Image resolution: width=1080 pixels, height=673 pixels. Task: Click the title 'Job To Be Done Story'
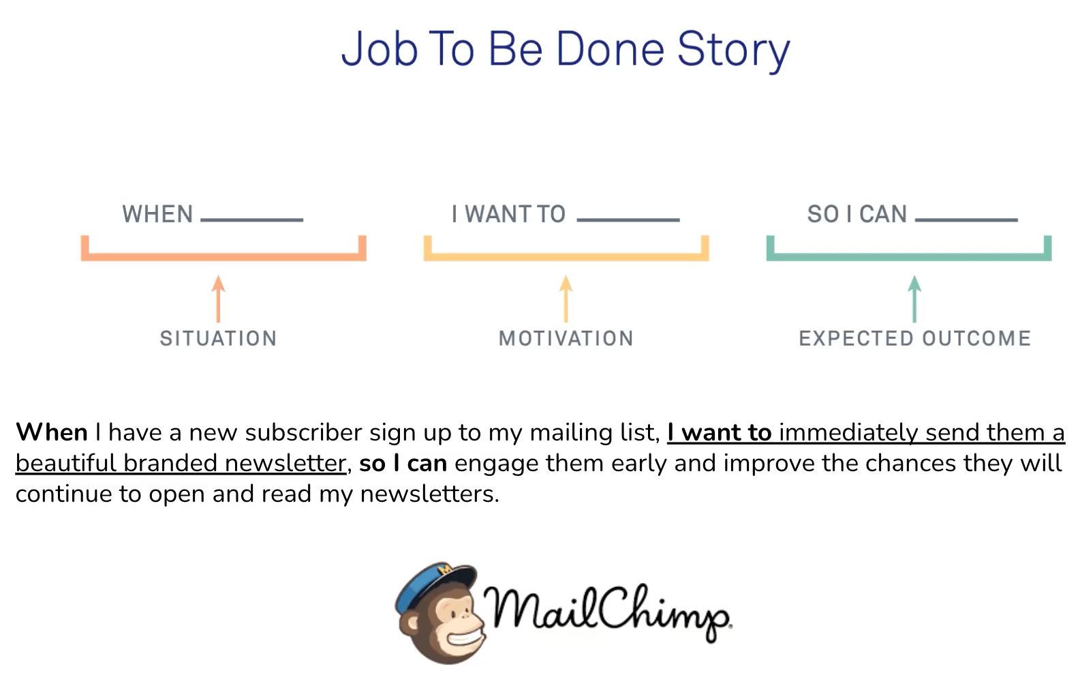click(565, 50)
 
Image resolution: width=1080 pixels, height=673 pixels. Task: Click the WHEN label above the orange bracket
click(157, 214)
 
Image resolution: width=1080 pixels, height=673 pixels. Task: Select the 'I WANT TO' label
click(508, 214)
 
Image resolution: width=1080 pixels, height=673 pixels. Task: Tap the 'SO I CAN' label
click(857, 214)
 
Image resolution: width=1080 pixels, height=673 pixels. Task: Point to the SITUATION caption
click(218, 338)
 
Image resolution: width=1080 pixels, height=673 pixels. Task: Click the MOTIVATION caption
click(566, 338)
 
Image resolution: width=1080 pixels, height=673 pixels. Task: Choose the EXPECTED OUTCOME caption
click(914, 338)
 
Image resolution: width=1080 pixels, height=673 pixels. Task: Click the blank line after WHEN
click(252, 220)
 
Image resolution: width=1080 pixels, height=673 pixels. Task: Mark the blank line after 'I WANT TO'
click(628, 220)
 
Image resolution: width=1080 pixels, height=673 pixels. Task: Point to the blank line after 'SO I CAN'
click(966, 220)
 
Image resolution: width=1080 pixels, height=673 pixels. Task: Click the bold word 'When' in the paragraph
click(52, 432)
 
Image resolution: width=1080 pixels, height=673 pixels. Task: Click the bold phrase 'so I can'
click(403, 464)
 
